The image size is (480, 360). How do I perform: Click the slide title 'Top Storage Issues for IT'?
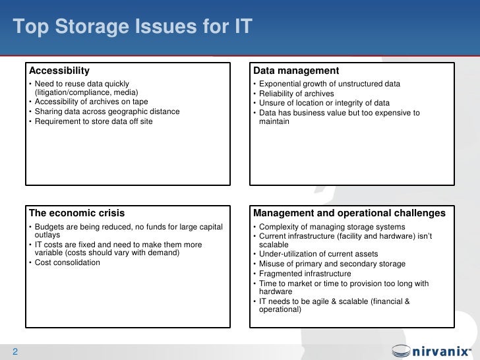click(133, 28)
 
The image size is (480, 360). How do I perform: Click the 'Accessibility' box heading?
click(60, 71)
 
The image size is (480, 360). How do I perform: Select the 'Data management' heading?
click(296, 71)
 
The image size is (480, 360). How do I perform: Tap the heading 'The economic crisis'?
click(77, 213)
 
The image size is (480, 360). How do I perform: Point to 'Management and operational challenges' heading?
click(349, 213)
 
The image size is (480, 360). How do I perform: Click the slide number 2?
click(15, 351)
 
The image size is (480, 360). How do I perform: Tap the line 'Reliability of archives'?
click(297, 94)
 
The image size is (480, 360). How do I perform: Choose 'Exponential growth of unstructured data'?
click(330, 84)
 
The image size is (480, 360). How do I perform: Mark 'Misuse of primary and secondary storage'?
click(332, 264)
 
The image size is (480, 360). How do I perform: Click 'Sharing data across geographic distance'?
click(107, 111)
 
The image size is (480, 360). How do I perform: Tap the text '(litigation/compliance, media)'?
click(86, 93)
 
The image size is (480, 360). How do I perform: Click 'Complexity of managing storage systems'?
click(332, 227)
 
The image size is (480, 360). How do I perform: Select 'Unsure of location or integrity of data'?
click(324, 103)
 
